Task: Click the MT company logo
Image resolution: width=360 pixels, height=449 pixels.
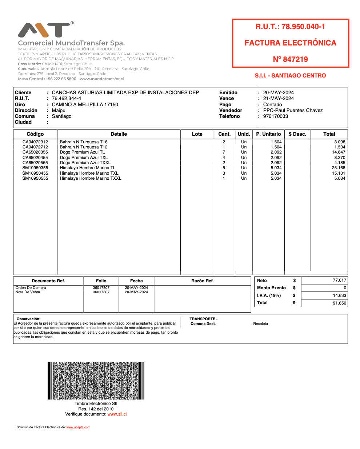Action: pyautogui.click(x=45, y=30)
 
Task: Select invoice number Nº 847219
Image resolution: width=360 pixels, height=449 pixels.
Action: pyautogui.click(x=290, y=59)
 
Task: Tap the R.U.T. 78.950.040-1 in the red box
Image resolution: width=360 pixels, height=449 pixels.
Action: pyautogui.click(x=290, y=27)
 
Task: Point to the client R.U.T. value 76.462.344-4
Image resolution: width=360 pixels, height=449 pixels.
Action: pyautogui.click(x=67, y=99)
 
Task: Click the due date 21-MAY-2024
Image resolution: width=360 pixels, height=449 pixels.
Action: pyautogui.click(x=279, y=99)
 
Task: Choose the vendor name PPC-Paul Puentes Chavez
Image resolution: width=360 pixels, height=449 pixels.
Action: pyautogui.click(x=293, y=110)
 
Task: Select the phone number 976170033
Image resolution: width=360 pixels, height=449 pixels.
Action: pyautogui.click(x=276, y=116)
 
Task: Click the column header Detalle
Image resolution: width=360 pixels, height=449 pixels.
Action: pyautogui.click(x=119, y=134)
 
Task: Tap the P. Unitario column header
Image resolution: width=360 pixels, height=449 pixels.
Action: pyautogui.click(x=268, y=134)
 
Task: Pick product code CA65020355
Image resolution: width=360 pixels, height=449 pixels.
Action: pyautogui.click(x=35, y=152)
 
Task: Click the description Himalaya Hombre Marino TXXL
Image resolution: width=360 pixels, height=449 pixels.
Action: pyautogui.click(x=91, y=178)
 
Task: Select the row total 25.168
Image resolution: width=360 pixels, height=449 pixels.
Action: pyautogui.click(x=339, y=168)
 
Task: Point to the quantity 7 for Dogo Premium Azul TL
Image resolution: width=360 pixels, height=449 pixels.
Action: pyautogui.click(x=224, y=152)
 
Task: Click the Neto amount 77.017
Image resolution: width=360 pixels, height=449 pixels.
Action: pyautogui.click(x=339, y=280)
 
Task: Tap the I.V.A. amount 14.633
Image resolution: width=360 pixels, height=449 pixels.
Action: pyautogui.click(x=339, y=295)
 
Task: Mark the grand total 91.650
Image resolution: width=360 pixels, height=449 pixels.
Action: pyautogui.click(x=339, y=303)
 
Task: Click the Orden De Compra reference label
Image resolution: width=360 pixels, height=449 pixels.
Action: pyautogui.click(x=31, y=287)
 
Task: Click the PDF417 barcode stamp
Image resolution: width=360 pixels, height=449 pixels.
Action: pyautogui.click(x=96, y=381)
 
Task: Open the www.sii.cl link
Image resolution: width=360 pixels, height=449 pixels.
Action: pyautogui.click(x=117, y=414)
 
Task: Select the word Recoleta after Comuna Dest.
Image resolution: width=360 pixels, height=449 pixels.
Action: pyautogui.click(x=261, y=323)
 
